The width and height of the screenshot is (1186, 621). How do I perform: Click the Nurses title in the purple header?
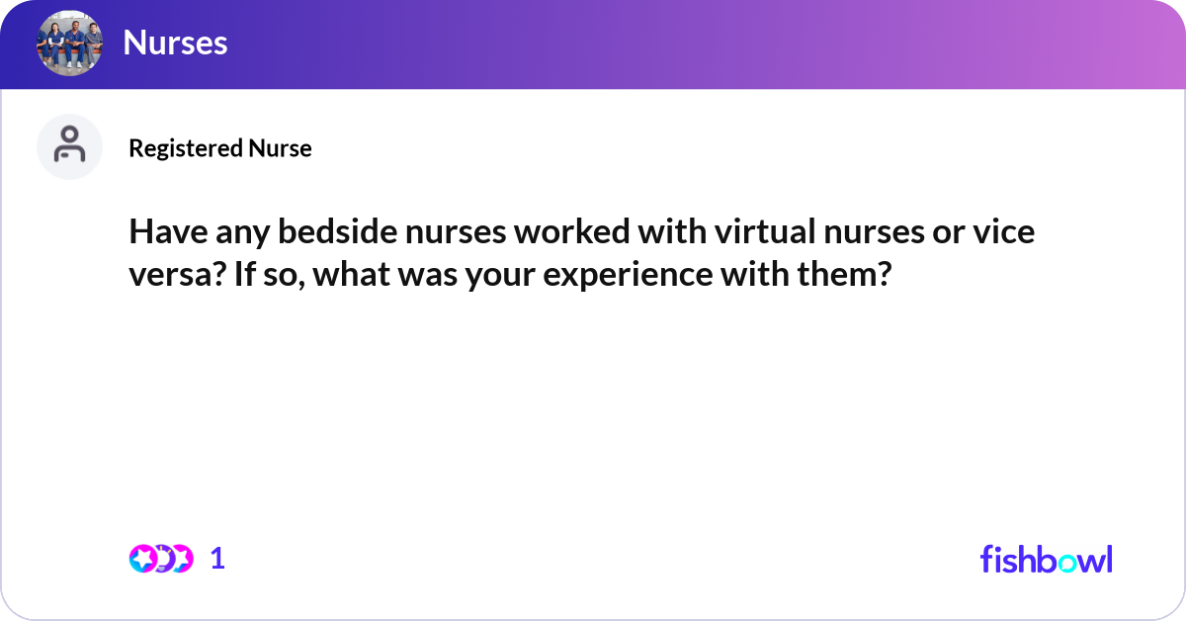coord(175,43)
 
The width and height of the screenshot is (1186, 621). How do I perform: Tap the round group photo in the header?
coord(69,43)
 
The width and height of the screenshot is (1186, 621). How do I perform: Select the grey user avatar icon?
coord(69,146)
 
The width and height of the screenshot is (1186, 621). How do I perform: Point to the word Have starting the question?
coord(163,234)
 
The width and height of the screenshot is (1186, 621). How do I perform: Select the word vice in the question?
coord(1005,234)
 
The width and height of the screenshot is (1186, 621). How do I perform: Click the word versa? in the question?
coord(177,274)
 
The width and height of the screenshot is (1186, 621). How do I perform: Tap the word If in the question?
coord(246,274)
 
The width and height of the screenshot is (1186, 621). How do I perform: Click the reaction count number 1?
coord(218,559)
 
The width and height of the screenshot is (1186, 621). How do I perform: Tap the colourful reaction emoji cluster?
coord(161,559)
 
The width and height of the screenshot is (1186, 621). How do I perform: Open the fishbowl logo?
coord(1046,559)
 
